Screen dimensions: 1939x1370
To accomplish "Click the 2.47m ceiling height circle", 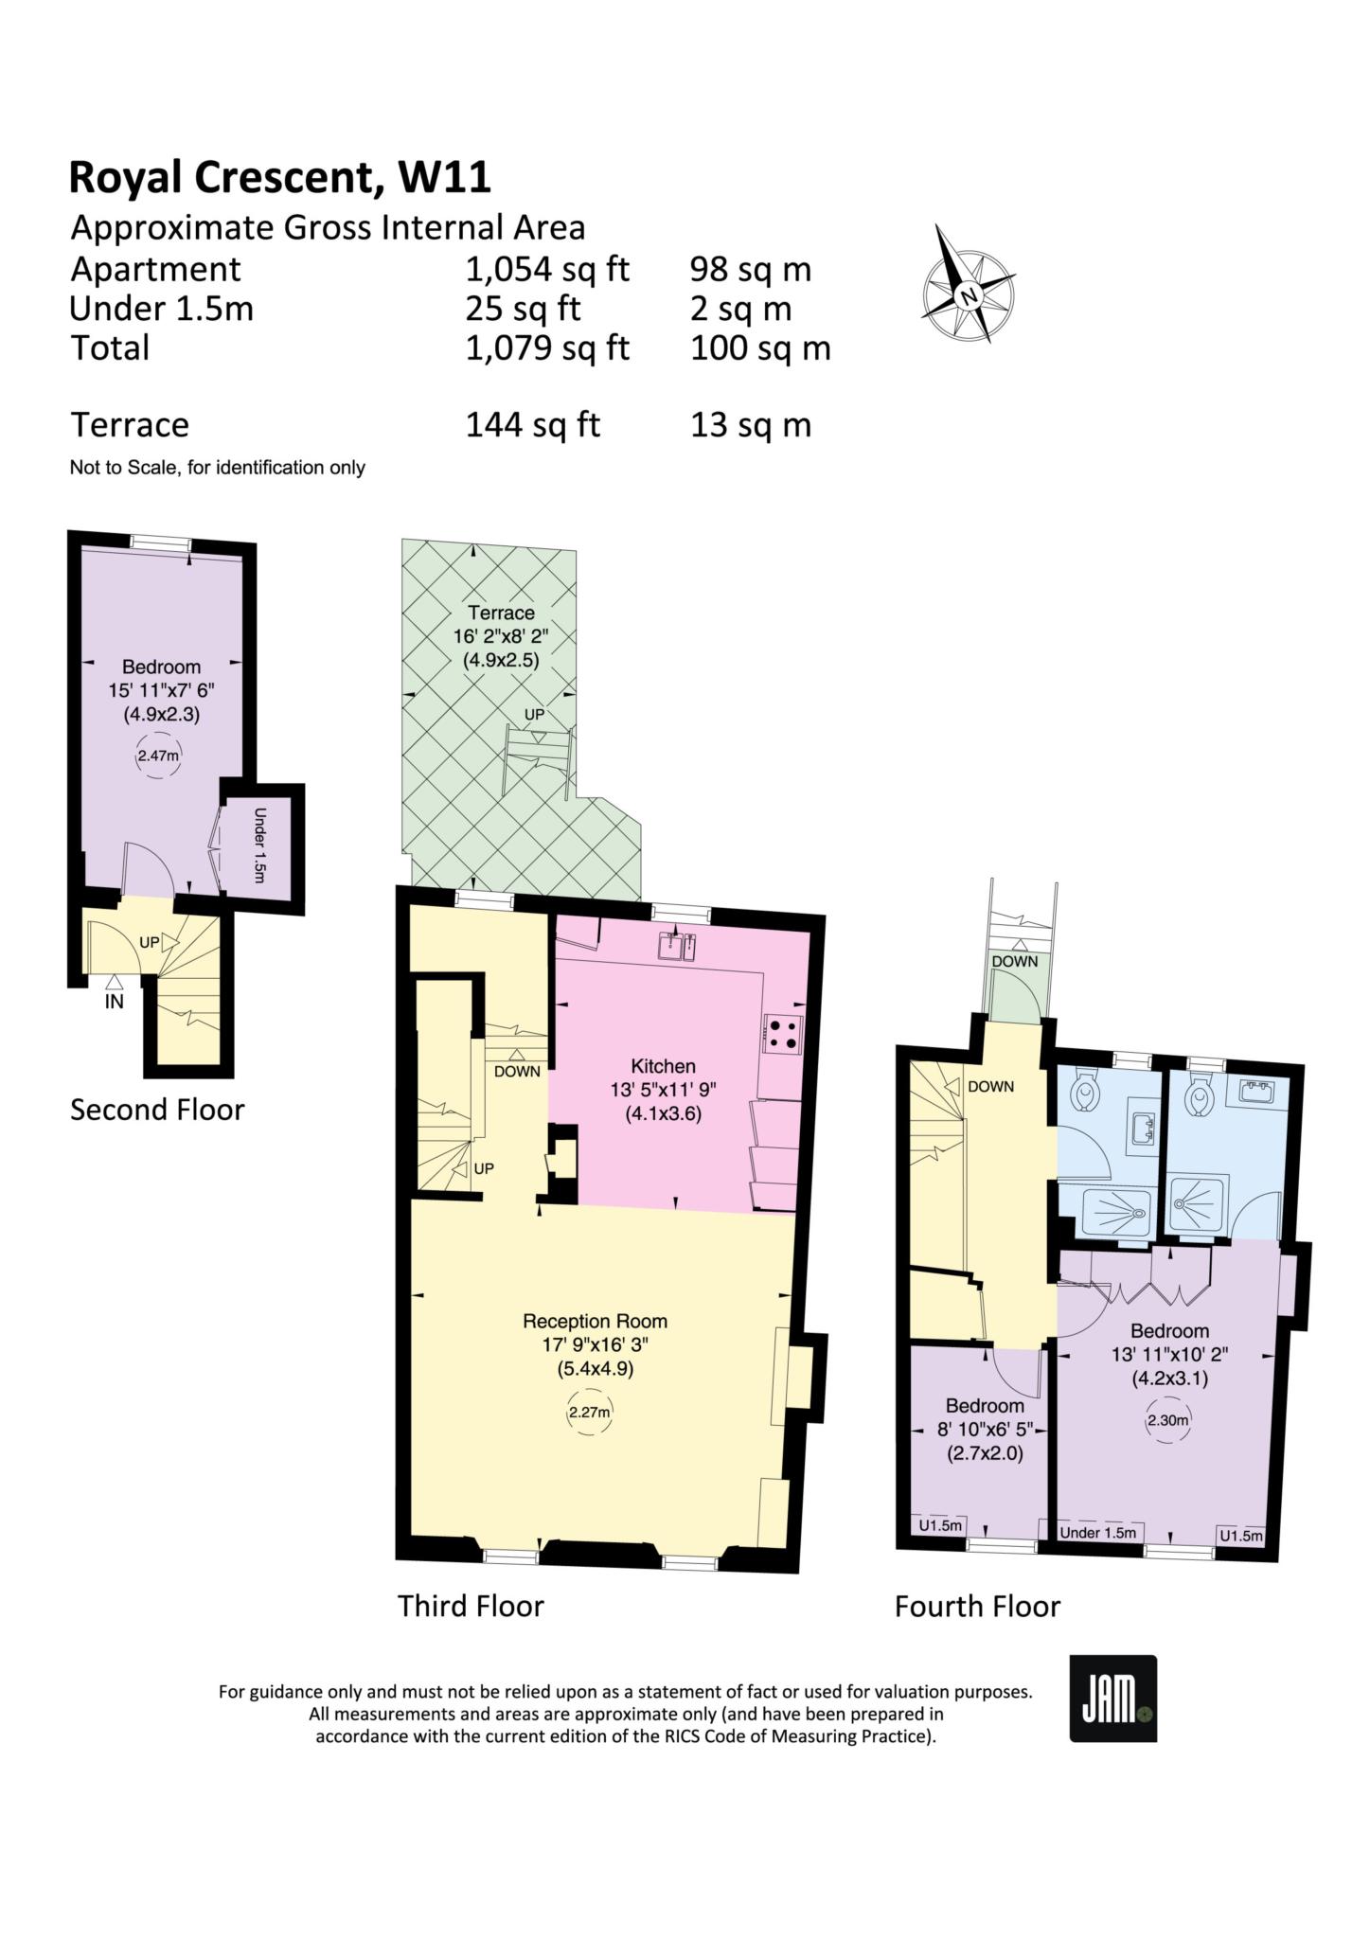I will pos(158,756).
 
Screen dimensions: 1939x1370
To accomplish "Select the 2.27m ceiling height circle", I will pos(589,1414).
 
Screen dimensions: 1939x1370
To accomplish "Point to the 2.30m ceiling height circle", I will pos(1167,1420).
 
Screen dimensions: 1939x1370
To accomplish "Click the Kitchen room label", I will pos(663,1066).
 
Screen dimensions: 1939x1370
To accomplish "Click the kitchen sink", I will pos(681,945).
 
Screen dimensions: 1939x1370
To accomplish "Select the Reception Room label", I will pos(595,1321).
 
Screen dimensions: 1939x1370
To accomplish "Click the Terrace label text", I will pos(501,613).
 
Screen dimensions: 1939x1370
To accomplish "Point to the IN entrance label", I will pos(114,1002).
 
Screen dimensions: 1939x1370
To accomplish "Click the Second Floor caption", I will pos(157,1110).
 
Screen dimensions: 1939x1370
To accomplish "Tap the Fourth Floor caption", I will pos(977,1607).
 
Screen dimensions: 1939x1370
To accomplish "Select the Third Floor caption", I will pos(471,1606).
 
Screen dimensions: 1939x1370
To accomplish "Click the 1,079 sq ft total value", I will pos(546,348).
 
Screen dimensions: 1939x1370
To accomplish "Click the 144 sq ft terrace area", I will pos(532,425).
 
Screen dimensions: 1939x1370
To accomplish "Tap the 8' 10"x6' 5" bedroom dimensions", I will pos(985,1430).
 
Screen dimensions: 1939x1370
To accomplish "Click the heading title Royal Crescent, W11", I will pos(280,177).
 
